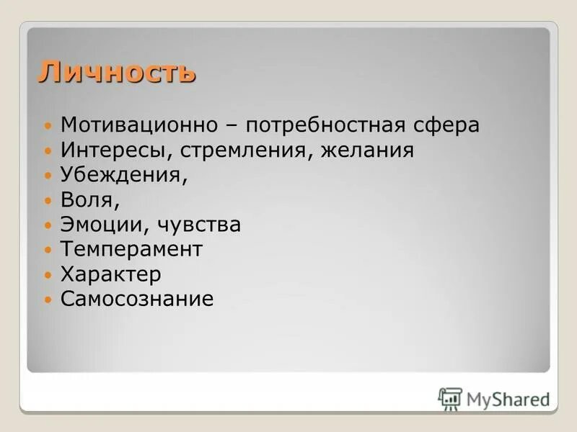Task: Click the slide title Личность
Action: pos(117,72)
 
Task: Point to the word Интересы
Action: pos(109,150)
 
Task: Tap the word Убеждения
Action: pos(122,176)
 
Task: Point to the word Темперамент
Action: pos(131,250)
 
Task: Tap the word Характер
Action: pos(110,274)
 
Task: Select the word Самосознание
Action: pos(137,299)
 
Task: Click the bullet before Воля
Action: pos(48,201)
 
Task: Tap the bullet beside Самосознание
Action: pos(48,300)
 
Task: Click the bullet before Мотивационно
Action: pos(48,125)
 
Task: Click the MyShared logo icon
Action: pos(450,399)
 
